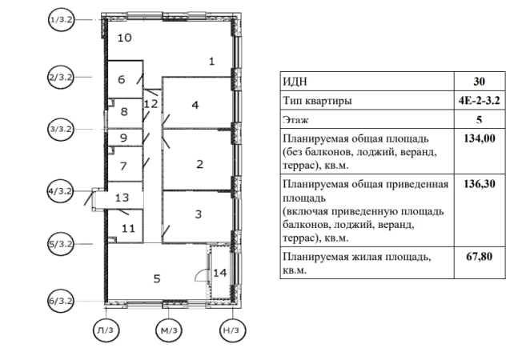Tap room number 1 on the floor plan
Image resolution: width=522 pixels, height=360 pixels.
tap(211, 61)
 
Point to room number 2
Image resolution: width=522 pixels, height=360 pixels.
tap(199, 164)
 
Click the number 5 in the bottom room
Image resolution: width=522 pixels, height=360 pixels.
tap(157, 278)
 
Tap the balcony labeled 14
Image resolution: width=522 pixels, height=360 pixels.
tap(221, 273)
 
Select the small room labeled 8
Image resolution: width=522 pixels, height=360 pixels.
tap(123, 112)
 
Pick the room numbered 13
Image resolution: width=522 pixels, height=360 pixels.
tap(122, 197)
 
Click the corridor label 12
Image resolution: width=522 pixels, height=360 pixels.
tap(150, 103)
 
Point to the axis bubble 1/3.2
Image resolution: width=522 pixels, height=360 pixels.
tap(60, 18)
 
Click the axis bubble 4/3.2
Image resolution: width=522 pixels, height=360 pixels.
tap(60, 191)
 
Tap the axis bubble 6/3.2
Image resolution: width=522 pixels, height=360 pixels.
tap(60, 301)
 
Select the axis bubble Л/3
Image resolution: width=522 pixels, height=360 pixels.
tap(105, 331)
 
